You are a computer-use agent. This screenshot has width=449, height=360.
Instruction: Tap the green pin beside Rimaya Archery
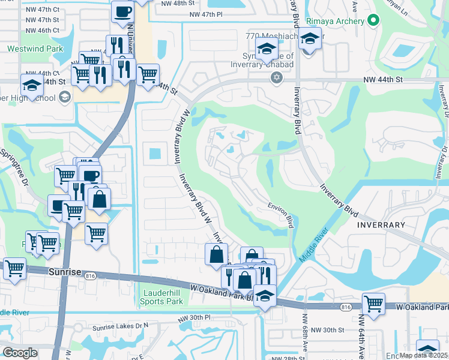tap(373, 21)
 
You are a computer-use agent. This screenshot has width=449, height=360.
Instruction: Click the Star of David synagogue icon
tap(276, 77)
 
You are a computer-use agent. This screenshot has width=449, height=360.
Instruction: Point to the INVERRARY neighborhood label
tap(382, 224)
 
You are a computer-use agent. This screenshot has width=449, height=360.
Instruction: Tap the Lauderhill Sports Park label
tap(161, 297)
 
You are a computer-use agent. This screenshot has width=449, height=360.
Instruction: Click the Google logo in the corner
tap(20, 353)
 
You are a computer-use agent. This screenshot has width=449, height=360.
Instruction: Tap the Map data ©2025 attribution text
tap(423, 355)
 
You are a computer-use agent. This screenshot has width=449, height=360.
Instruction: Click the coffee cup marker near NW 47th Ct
tap(122, 12)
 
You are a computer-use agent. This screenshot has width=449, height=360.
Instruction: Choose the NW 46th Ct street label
tap(43, 30)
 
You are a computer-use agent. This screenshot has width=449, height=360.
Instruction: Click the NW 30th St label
tap(328, 330)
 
